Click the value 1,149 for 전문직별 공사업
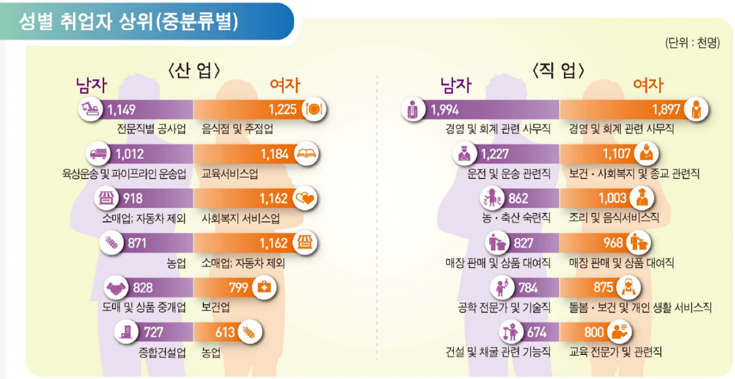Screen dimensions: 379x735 (121, 110)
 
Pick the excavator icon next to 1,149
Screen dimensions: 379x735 (91, 109)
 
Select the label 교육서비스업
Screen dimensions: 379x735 (230, 174)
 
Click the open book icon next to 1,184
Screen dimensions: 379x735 (307, 154)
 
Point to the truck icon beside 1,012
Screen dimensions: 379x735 (99, 154)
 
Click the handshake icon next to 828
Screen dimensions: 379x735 (116, 288)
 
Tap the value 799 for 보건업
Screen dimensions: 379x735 (238, 287)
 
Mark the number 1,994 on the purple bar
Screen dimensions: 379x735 (445, 110)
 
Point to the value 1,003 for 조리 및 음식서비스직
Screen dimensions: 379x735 (613, 198)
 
